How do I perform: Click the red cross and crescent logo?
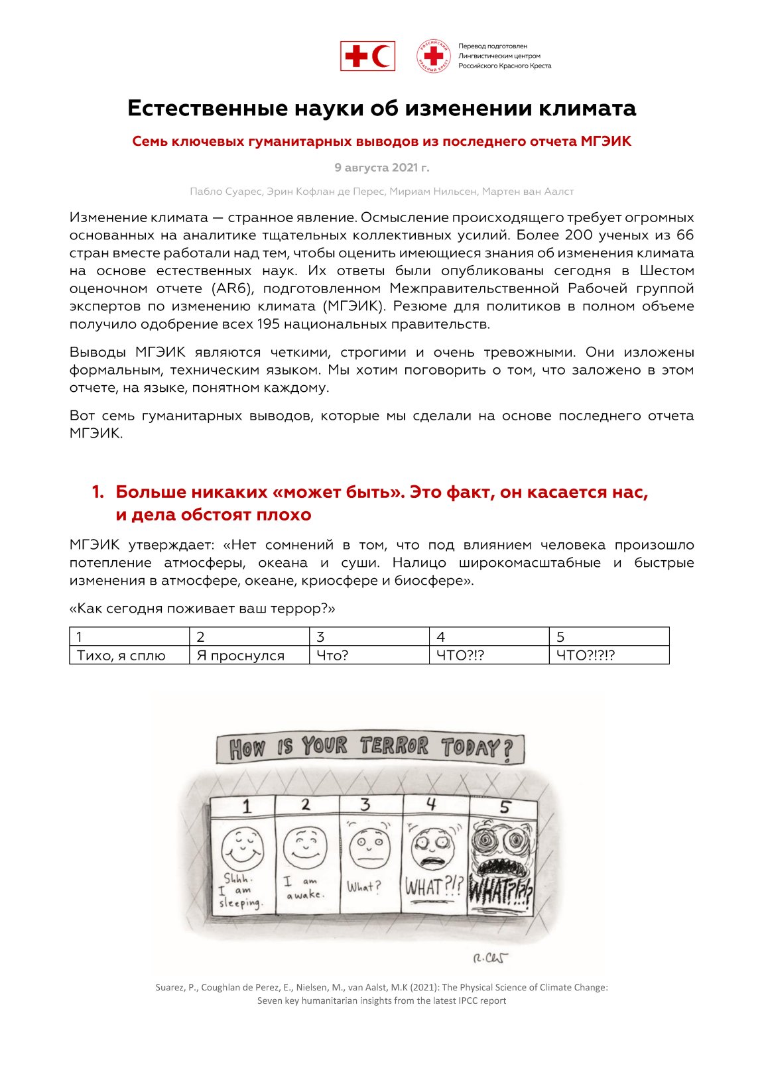tap(367, 56)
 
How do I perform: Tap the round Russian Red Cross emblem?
tap(434, 56)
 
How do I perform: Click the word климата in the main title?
tap(586, 108)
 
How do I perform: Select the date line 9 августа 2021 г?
tap(381, 167)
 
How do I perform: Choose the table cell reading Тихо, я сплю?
tap(121, 656)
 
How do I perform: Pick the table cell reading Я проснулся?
tap(241, 656)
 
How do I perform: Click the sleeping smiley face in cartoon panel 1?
tap(241, 847)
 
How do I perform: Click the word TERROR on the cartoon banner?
tap(395, 747)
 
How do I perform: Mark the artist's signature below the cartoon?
tap(491, 959)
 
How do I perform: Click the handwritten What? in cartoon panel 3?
tap(364, 886)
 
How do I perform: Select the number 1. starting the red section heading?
tap(97, 492)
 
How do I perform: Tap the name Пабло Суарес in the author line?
tap(225, 192)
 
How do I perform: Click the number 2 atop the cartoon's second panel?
tap(305, 805)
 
